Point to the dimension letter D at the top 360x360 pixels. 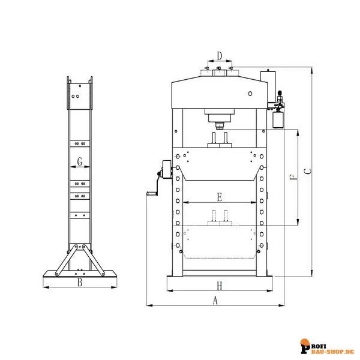tap(220, 56)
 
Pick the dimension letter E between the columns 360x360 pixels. tap(220, 197)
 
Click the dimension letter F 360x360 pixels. tap(292, 178)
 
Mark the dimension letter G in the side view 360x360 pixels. tap(80, 161)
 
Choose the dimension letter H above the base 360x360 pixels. tap(220, 286)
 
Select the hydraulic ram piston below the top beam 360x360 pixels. tap(220, 125)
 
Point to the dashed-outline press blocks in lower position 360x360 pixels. tap(220, 220)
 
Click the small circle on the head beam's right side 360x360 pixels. tap(249, 94)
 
